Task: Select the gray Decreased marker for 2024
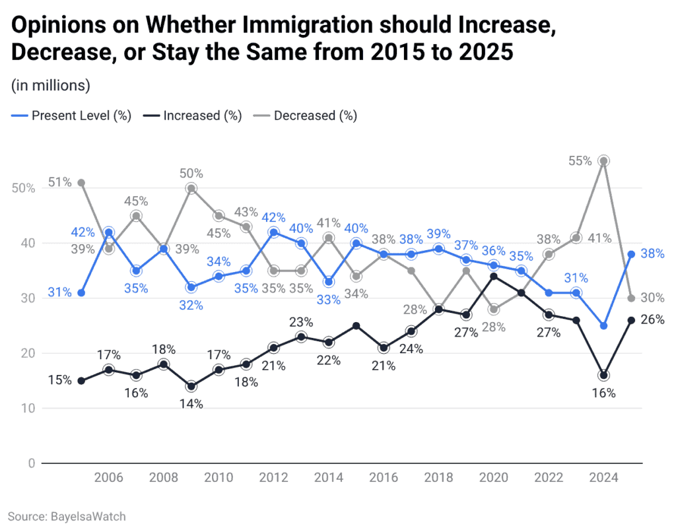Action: [x=603, y=161]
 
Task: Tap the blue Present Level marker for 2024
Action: [x=603, y=325]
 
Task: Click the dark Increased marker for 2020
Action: [x=493, y=276]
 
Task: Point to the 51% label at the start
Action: [x=59, y=183]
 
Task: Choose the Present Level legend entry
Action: [x=71, y=116]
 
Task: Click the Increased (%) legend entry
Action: [x=192, y=116]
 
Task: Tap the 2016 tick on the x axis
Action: [x=384, y=478]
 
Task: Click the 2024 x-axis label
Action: [x=603, y=478]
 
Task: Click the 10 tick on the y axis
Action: [x=28, y=408]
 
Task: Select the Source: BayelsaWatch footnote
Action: [x=67, y=516]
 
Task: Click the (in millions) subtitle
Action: [x=50, y=85]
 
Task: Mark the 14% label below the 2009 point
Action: [x=191, y=404]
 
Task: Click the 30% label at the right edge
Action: [x=652, y=298]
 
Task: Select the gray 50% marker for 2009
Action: [x=191, y=188]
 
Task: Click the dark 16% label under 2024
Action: [x=603, y=393]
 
